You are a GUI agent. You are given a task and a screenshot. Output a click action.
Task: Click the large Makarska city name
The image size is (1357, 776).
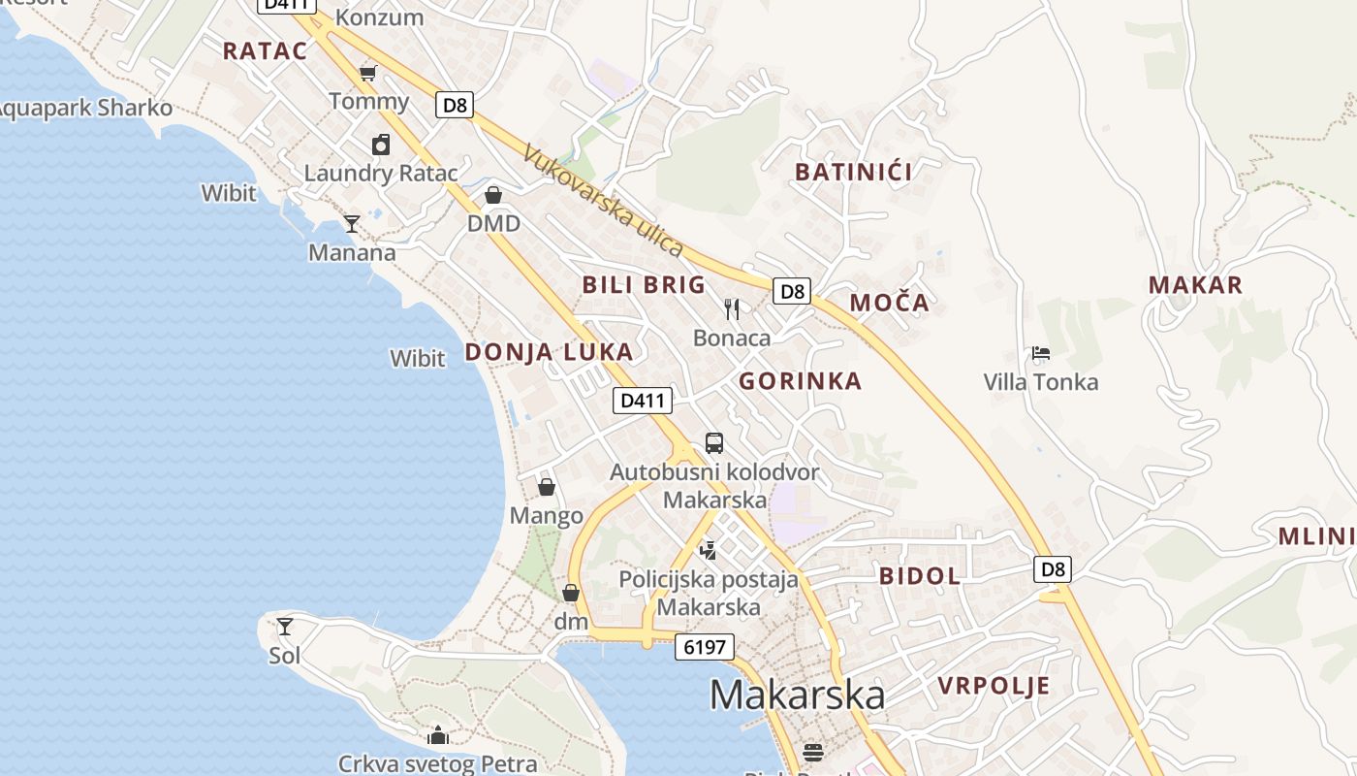[797, 695]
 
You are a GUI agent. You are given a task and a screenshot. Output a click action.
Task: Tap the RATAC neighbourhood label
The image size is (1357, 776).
[265, 51]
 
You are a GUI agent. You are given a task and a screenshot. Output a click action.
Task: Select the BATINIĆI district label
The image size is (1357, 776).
[854, 173]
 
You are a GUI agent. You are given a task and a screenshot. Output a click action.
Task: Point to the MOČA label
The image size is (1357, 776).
[890, 303]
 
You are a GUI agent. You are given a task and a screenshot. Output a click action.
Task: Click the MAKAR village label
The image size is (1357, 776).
[1195, 285]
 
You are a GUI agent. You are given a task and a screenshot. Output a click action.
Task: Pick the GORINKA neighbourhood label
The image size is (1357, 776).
[800, 381]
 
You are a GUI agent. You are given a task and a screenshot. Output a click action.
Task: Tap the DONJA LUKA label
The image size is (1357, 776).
[549, 352]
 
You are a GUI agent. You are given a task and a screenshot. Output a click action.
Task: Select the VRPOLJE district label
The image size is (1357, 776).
[994, 687]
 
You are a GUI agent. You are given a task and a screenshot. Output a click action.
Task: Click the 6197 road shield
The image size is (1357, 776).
[705, 647]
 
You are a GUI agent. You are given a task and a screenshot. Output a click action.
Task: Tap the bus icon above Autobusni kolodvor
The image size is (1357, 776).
[714, 443]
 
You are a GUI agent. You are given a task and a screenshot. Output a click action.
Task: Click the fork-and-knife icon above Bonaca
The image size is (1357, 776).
[732, 309]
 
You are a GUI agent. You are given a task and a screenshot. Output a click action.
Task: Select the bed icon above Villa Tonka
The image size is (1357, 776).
[1041, 353]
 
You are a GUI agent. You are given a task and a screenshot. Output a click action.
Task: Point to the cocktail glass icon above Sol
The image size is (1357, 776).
[285, 627]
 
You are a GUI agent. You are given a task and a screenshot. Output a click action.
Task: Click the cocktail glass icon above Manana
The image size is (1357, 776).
[352, 224]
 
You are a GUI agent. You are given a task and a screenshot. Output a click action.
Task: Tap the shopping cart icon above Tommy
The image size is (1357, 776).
[368, 73]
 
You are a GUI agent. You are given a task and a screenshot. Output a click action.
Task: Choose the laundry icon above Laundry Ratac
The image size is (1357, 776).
[381, 145]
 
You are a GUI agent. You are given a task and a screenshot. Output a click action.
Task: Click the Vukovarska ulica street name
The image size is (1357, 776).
[603, 200]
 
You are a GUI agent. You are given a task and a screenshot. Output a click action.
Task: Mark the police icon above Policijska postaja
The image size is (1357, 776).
[709, 551]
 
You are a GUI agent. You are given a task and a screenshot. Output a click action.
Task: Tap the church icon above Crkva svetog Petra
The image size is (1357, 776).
[438, 735]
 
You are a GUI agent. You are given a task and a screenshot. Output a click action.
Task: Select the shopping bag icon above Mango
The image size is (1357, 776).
[547, 487]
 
